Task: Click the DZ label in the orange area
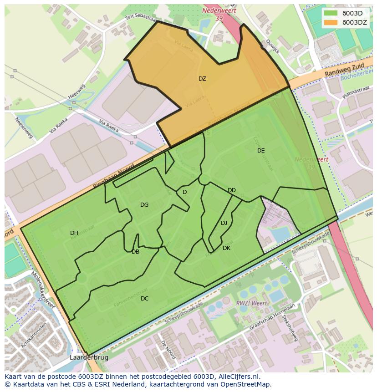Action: pyautogui.click(x=202, y=79)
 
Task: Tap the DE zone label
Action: pyautogui.click(x=261, y=151)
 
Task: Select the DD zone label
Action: pyautogui.click(x=232, y=190)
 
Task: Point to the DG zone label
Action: pyautogui.click(x=144, y=205)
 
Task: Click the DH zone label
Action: pyautogui.click(x=74, y=233)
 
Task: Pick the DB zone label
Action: pyautogui.click(x=135, y=252)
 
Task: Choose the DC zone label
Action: pyautogui.click(x=144, y=299)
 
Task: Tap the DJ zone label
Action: pyautogui.click(x=224, y=223)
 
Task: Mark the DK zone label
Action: pyautogui.click(x=226, y=248)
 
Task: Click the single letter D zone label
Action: pyautogui.click(x=184, y=192)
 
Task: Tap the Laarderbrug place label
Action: pyautogui.click(x=89, y=358)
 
